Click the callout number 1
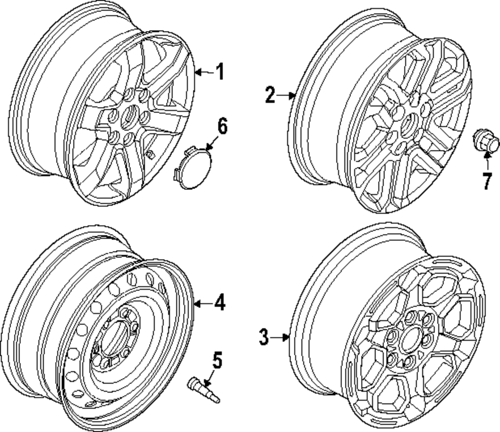coord(218,72)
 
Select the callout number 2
coord(270,94)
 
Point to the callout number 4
coord(218,303)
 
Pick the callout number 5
coord(217,361)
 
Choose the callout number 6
coord(221,127)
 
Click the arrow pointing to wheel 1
coord(202,73)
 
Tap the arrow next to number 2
coord(286,94)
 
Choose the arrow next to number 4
coord(202,303)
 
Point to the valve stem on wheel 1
coord(149,155)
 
